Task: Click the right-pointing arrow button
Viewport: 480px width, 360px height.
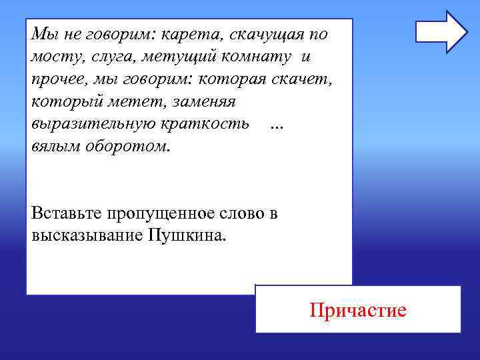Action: (441, 31)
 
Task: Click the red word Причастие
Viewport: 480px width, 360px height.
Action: (357, 310)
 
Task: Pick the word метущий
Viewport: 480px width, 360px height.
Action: (174, 57)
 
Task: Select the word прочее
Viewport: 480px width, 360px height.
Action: (55, 79)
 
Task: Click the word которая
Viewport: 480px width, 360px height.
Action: (229, 79)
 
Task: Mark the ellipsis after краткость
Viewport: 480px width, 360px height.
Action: (277, 126)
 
